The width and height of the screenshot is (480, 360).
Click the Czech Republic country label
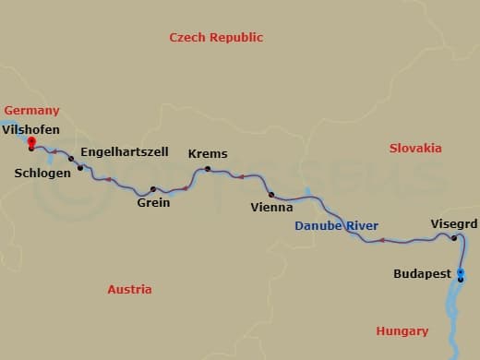(216, 38)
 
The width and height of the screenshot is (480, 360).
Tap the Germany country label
(31, 110)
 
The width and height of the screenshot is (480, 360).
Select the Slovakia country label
(415, 148)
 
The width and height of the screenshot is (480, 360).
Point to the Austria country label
(129, 289)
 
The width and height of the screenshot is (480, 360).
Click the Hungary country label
(402, 330)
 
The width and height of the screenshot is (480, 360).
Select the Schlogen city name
(42, 173)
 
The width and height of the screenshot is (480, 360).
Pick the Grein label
(153, 202)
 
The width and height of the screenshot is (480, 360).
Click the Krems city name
(208, 154)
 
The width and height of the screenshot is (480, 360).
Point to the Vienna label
(272, 208)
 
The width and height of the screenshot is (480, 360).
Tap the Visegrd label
(454, 223)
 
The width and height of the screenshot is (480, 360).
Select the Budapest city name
(422, 274)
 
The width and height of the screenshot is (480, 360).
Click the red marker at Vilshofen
(32, 142)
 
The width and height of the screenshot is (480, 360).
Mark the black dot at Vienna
(271, 195)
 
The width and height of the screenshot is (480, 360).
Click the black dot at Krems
(208, 169)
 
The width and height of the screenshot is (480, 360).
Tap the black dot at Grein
(153, 189)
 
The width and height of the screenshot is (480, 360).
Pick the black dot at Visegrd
(454, 238)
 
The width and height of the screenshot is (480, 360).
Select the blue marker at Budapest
(461, 274)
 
